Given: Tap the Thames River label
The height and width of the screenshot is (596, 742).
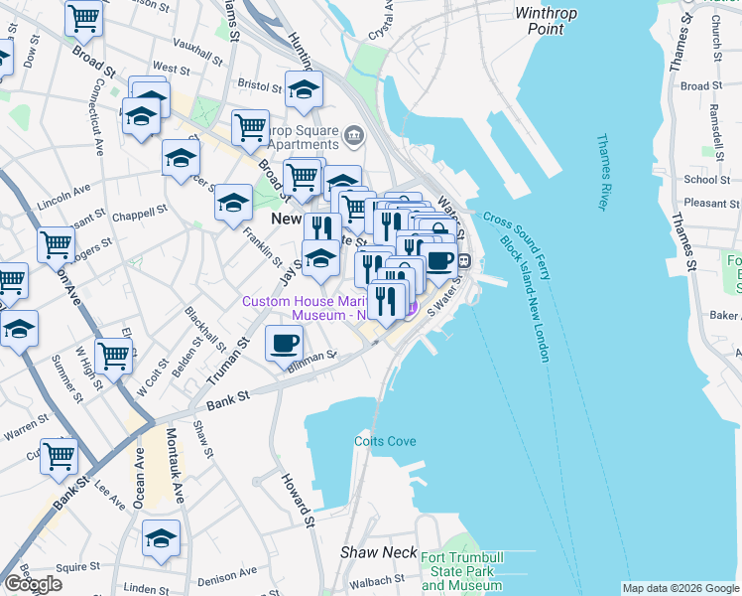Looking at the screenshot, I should pyautogui.click(x=601, y=173).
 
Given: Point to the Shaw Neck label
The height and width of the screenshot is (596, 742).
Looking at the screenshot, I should pyautogui.click(x=369, y=551).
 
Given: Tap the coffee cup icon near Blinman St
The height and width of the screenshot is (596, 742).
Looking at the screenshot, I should pyautogui.click(x=285, y=344).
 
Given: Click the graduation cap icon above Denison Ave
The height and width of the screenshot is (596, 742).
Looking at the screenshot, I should pyautogui.click(x=161, y=537).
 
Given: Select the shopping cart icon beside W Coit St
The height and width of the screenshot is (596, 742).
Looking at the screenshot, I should pyautogui.click(x=114, y=355).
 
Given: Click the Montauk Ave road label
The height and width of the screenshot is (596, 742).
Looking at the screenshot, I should pyautogui.click(x=176, y=470).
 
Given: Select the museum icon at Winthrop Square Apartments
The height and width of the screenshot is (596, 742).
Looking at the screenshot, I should pyautogui.click(x=354, y=134).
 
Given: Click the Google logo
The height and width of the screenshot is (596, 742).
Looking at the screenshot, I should pyautogui.click(x=33, y=584).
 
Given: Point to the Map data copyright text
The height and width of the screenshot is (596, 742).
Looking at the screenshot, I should pyautogui.click(x=680, y=588).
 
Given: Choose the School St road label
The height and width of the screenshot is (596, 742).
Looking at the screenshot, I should pyautogui.click(x=706, y=180).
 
